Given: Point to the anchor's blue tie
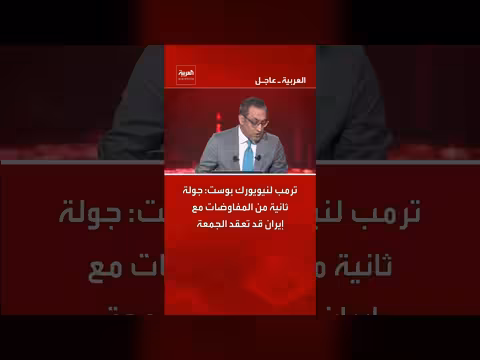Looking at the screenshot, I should point(247,155).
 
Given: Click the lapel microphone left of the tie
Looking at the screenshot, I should point(236,157).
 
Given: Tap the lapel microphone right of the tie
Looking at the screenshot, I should point(258,157).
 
